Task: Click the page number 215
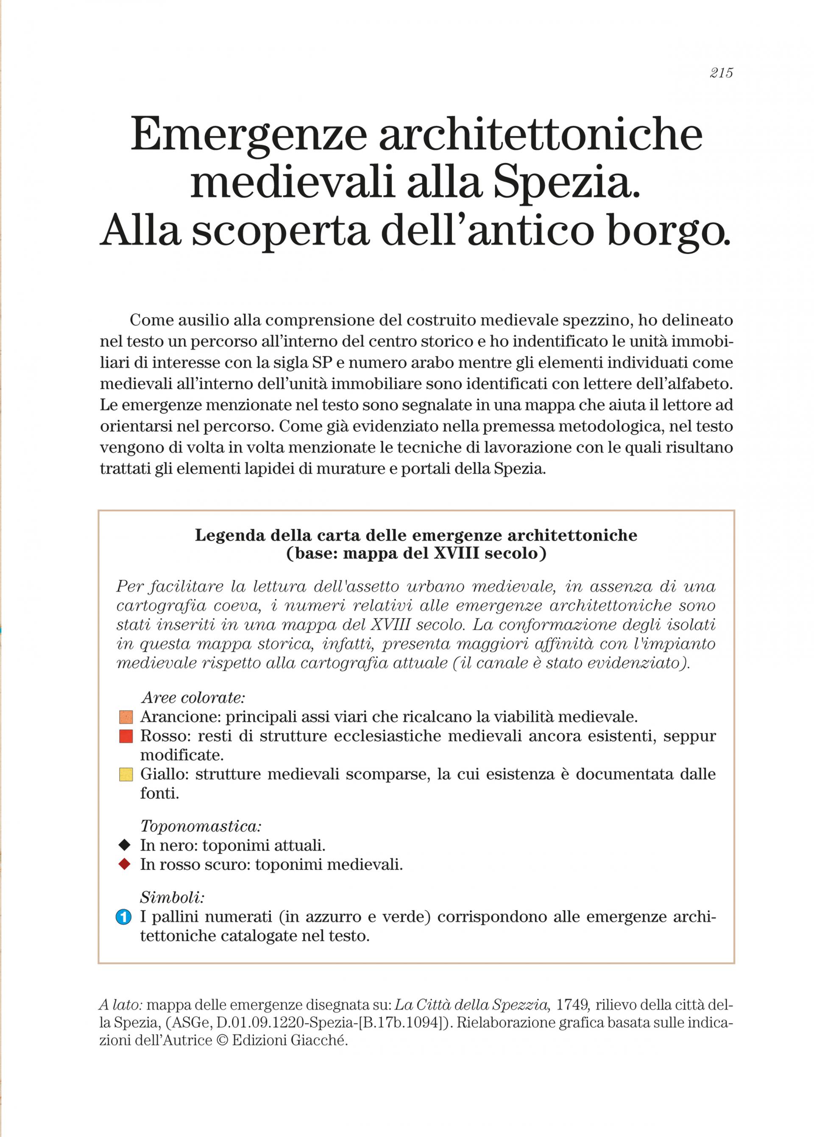point(721,73)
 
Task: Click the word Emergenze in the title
point(248,135)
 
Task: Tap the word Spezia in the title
point(566,183)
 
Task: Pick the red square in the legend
point(126,737)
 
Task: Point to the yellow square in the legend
point(126,774)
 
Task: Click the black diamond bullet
point(124,845)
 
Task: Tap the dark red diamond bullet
point(124,864)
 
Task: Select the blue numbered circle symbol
point(123,917)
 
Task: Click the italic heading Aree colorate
point(193,698)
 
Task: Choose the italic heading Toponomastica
point(201,826)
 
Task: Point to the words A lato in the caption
point(121,1005)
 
